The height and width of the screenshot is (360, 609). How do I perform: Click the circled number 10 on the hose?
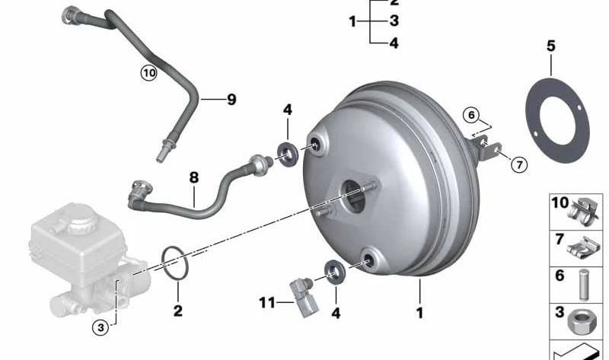[148, 72]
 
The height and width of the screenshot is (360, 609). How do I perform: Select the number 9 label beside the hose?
[231, 100]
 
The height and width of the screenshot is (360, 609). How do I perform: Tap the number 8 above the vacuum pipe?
[194, 178]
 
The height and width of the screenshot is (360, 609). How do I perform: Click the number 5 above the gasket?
[550, 46]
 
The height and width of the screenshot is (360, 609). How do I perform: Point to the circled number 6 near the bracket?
[471, 115]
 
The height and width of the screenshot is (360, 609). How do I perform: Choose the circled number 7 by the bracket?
[520, 164]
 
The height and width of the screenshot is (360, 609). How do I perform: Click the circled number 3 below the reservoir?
[100, 327]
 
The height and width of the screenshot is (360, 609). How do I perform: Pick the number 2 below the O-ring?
[178, 311]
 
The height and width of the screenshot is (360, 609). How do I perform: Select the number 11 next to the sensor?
[267, 302]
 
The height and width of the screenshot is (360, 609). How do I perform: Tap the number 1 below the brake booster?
[419, 313]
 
